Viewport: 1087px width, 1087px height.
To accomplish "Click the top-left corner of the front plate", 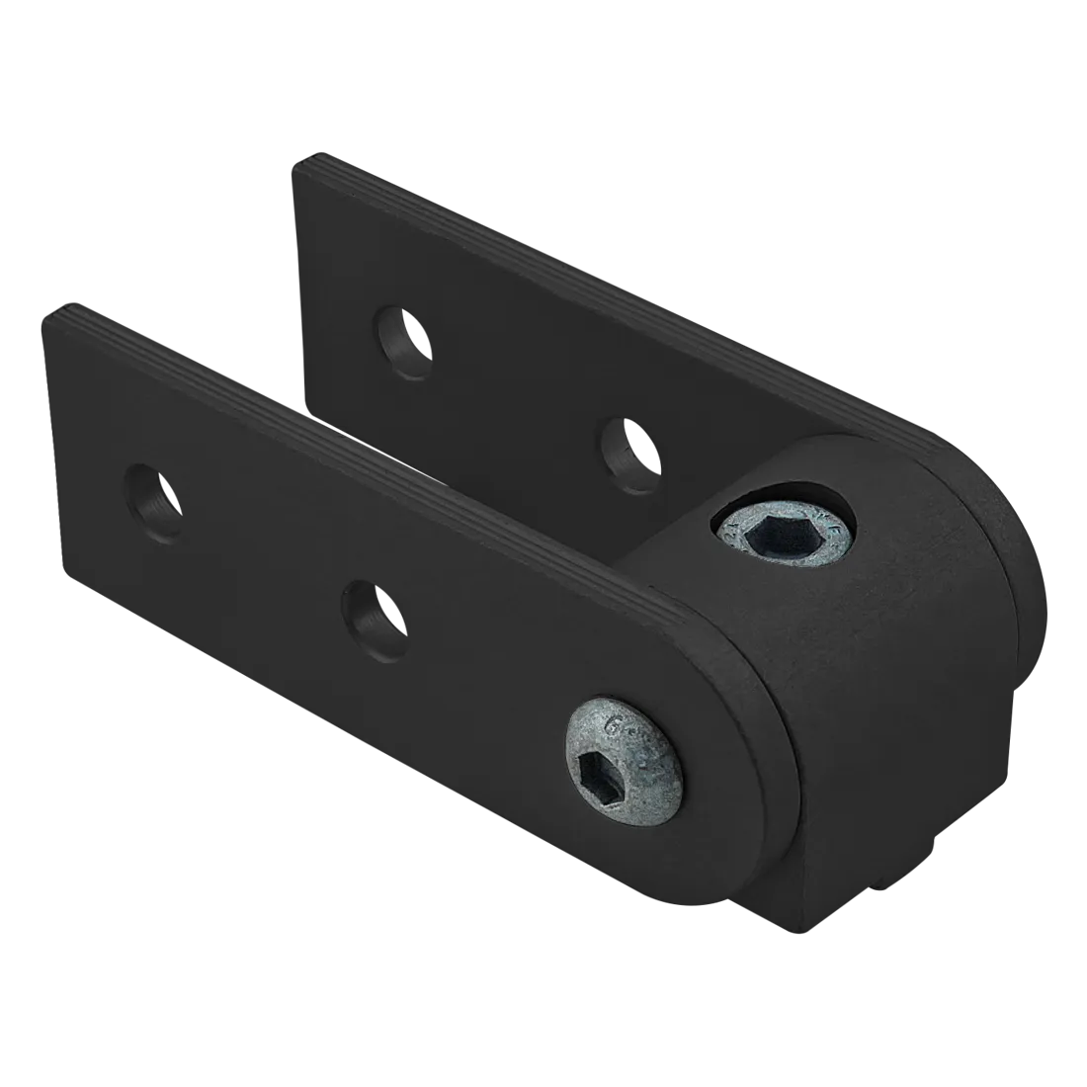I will coord(47,314).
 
